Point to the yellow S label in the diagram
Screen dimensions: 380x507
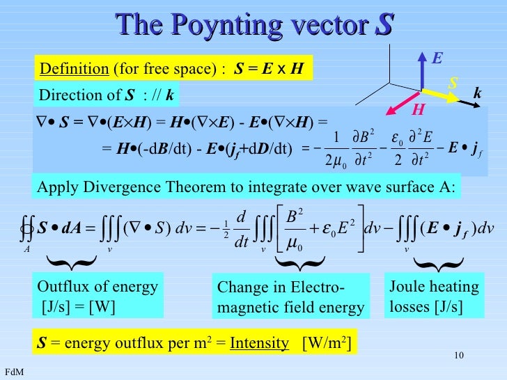(453, 83)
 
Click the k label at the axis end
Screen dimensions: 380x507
(478, 93)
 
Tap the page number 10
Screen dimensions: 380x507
(458, 357)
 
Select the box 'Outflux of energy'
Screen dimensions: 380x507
(97, 296)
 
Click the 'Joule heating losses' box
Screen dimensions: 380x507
(434, 296)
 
